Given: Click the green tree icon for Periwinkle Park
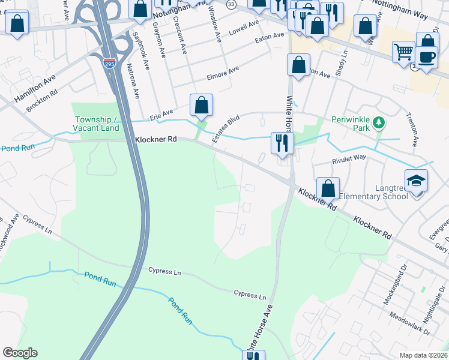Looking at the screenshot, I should pyautogui.click(x=378, y=123).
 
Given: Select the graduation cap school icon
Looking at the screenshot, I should pyautogui.click(x=416, y=181).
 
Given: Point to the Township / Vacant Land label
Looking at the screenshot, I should pyautogui.click(x=96, y=124).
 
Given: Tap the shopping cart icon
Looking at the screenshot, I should pyautogui.click(x=403, y=52).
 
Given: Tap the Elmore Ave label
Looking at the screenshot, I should pyautogui.click(x=223, y=74).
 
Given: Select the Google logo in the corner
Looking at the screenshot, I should pyautogui.click(x=20, y=353).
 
